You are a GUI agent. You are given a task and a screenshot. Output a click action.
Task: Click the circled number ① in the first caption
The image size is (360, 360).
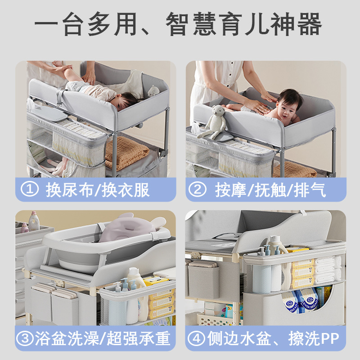[x=29, y=189]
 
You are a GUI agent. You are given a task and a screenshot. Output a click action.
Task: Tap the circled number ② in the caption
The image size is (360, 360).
[x=198, y=189]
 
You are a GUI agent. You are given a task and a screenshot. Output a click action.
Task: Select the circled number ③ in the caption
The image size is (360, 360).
[x=25, y=338]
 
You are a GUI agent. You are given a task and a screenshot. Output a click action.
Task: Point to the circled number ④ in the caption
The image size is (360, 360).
[x=196, y=338]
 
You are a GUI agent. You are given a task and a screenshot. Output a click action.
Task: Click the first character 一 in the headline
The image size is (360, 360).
[x=46, y=24]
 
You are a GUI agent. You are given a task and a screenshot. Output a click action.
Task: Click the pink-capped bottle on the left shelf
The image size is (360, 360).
[x=25, y=228]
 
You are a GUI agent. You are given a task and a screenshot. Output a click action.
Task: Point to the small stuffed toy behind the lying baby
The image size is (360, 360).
[x=153, y=91]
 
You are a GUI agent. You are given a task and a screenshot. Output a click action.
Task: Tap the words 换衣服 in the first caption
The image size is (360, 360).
[x=126, y=190]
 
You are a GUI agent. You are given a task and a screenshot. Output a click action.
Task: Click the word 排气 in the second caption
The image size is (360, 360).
[x=310, y=190]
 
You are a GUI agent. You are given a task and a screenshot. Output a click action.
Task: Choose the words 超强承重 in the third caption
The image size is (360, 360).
[x=139, y=338]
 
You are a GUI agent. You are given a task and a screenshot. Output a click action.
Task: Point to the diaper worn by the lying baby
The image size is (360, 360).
[x=73, y=86]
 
